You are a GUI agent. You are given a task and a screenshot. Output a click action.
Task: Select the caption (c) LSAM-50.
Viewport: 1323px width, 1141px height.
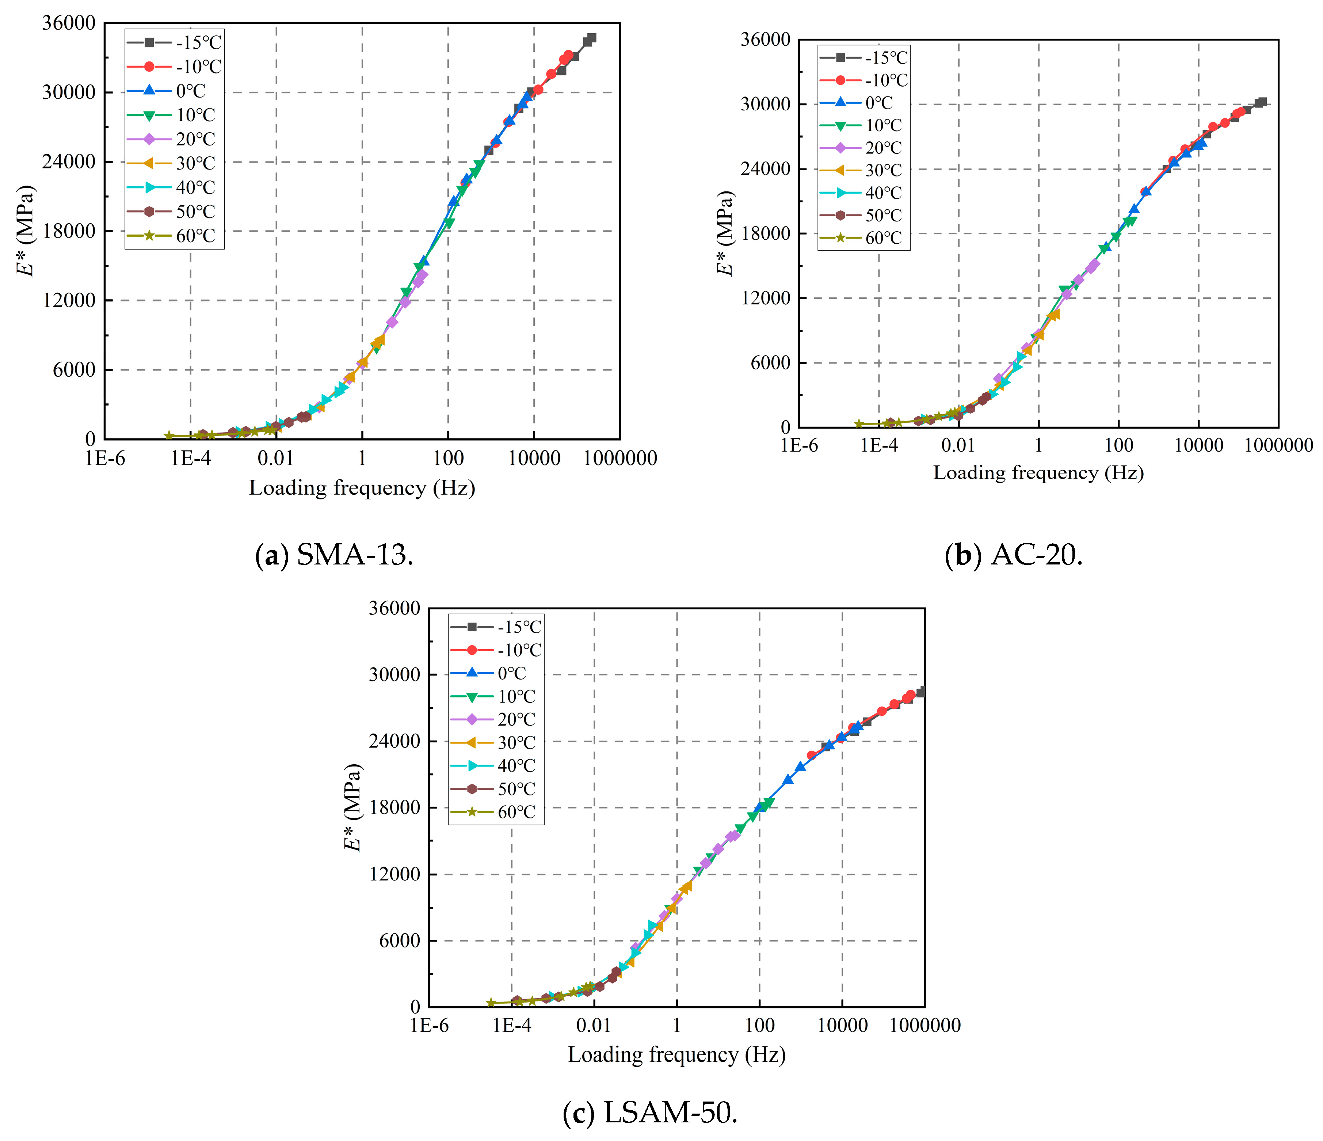pyautogui.click(x=650, y=1113)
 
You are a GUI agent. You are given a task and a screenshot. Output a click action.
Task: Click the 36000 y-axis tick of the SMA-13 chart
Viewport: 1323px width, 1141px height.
pyautogui.click(x=68, y=23)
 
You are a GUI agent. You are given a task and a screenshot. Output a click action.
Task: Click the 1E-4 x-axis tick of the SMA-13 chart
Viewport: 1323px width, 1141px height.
pyautogui.click(x=190, y=458)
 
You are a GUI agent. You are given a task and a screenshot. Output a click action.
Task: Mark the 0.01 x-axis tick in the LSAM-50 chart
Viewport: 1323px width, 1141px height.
pyautogui.click(x=594, y=1026)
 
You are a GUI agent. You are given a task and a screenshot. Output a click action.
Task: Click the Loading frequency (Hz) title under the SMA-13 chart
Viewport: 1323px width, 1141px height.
pyautogui.click(x=362, y=488)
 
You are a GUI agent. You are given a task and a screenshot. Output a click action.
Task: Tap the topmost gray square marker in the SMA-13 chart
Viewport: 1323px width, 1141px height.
pyautogui.click(x=591, y=38)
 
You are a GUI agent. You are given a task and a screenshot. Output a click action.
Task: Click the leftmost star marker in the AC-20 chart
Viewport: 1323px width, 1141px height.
pyautogui.click(x=859, y=424)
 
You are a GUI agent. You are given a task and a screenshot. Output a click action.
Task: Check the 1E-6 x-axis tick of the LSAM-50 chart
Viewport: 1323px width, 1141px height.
pyautogui.click(x=429, y=1026)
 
